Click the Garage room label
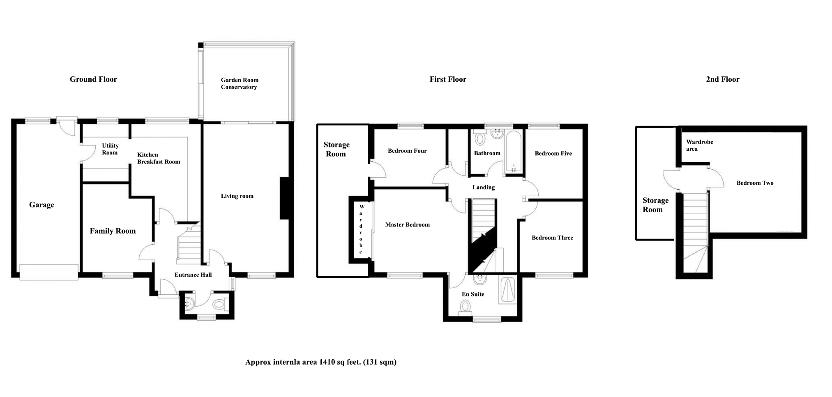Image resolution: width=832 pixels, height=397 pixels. [41, 205]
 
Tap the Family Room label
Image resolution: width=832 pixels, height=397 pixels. [113, 231]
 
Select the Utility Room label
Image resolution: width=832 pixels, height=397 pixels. [110, 149]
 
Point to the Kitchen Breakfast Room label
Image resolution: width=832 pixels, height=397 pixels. [159, 158]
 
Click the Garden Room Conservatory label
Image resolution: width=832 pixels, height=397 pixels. [240, 83]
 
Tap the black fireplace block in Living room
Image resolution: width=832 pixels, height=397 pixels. [284, 198]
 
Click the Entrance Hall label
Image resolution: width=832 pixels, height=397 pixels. [193, 275]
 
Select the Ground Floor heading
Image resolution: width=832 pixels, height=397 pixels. [93, 79]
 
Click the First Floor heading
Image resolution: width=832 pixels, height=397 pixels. [448, 79]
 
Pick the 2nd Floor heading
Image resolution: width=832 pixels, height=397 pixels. [722, 79]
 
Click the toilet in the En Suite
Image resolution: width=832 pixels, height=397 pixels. [465, 306]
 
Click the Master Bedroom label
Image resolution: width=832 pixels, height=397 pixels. [407, 225]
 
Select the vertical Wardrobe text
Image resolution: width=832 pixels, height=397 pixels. [361, 229]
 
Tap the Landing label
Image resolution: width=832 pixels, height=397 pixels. [483, 187]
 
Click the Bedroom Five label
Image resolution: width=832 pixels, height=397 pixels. [553, 154]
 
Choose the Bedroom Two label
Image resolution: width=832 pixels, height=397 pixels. [755, 183]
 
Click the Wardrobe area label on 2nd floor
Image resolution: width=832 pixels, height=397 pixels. [699, 145]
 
